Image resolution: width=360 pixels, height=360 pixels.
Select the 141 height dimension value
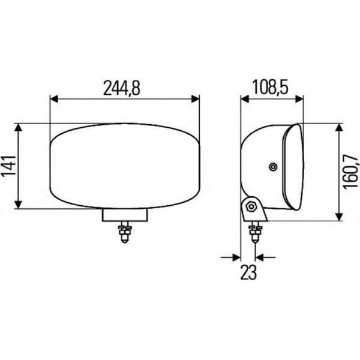tap(8, 166)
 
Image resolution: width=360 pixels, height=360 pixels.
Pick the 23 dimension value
tap(248, 273)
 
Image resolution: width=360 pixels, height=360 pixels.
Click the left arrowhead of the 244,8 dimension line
tap(54, 100)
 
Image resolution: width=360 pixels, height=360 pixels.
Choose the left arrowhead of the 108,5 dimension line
tap(244, 100)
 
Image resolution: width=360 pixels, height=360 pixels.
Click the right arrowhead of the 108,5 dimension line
tap(300, 100)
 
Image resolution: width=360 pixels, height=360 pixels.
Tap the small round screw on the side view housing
tap(273, 166)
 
